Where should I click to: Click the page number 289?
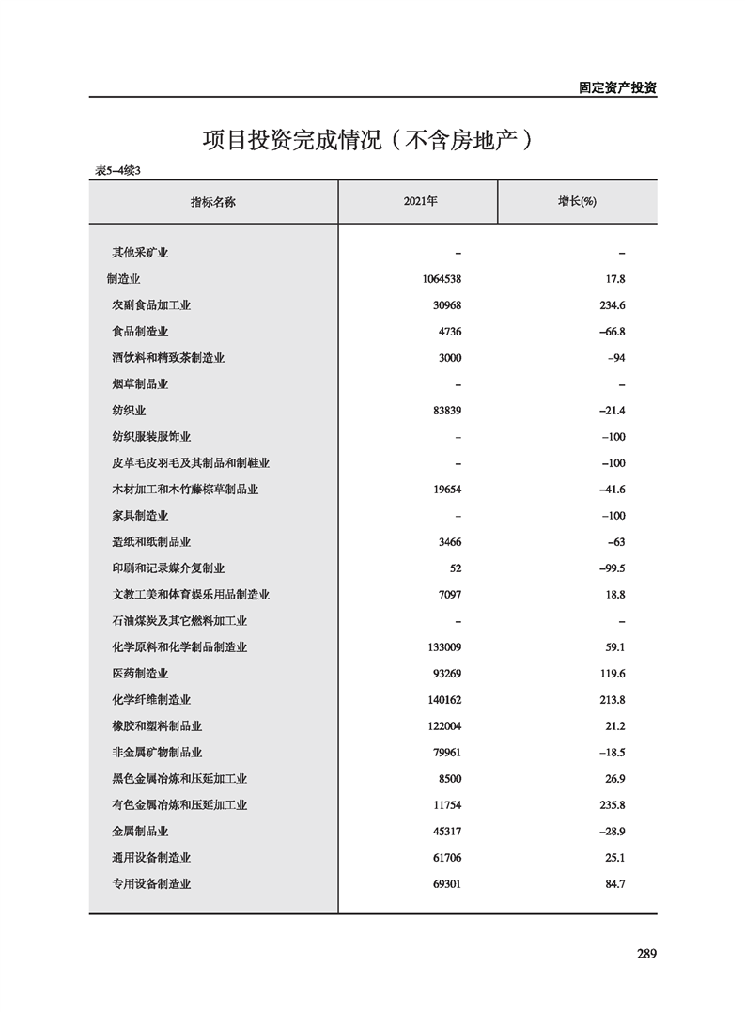click(x=645, y=954)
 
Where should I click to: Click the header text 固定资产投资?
click(x=617, y=87)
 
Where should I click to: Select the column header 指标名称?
click(x=213, y=202)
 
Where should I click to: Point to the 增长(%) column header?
click(x=578, y=202)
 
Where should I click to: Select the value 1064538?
click(x=442, y=279)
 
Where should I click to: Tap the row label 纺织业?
click(x=129, y=411)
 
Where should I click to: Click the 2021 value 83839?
click(x=445, y=411)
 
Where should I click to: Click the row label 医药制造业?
click(x=140, y=674)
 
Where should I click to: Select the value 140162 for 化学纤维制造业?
click(x=442, y=700)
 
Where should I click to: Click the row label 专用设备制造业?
click(x=151, y=884)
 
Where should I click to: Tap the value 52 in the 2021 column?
click(x=455, y=568)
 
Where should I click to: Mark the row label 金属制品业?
click(x=140, y=832)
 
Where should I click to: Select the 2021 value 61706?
click(x=445, y=858)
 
